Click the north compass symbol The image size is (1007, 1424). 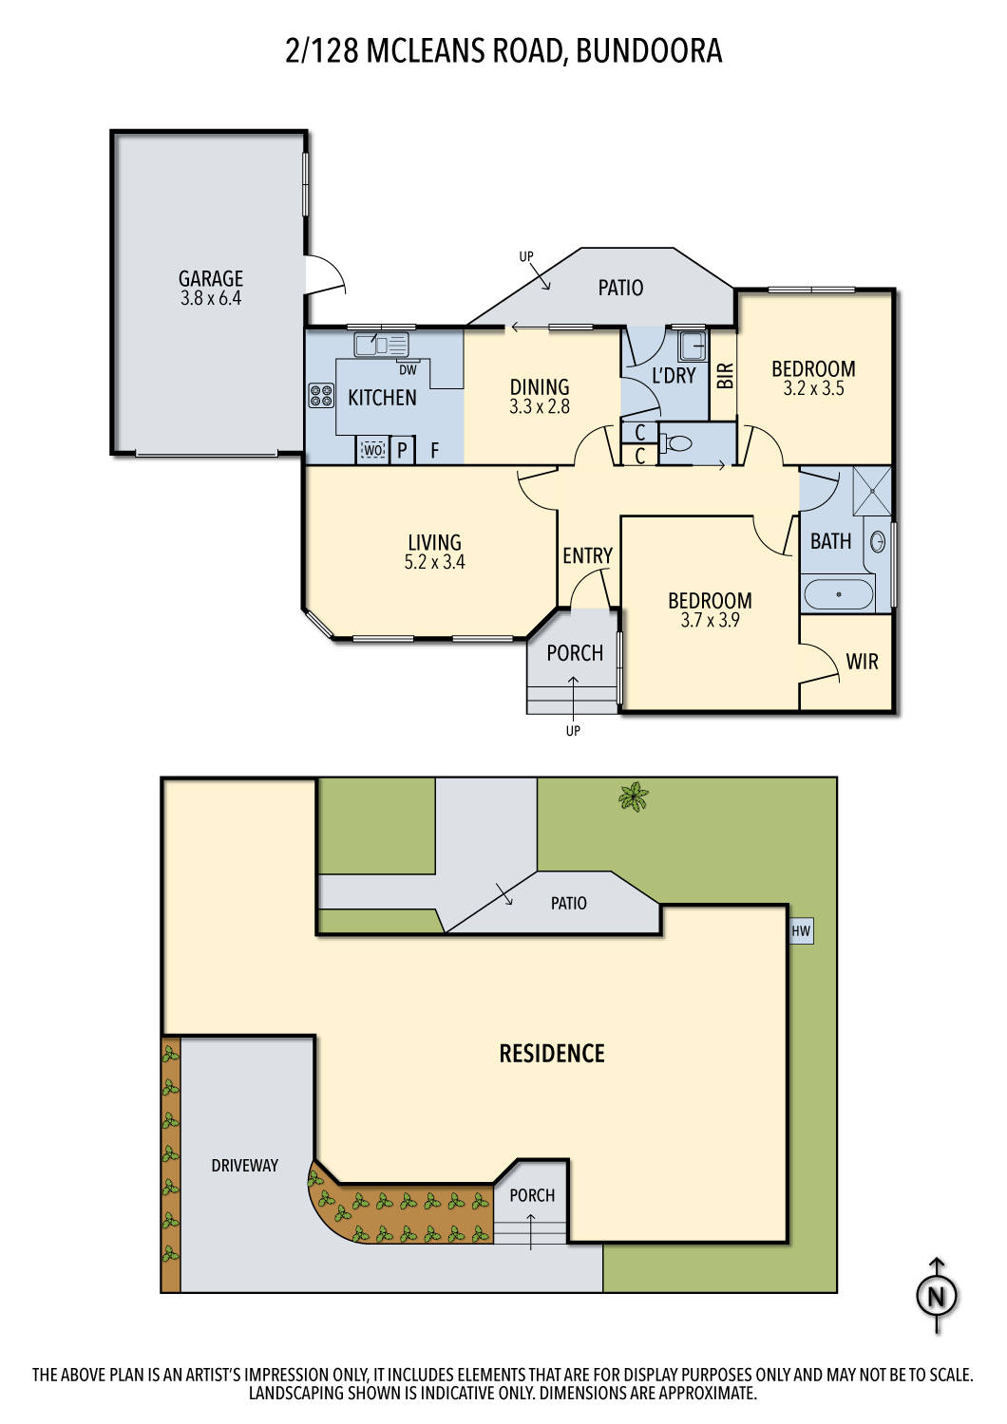[x=937, y=1296]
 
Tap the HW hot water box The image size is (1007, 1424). [x=801, y=931]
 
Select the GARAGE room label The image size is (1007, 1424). [x=211, y=278]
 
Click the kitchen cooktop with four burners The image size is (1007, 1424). [x=321, y=395]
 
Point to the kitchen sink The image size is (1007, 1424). [x=380, y=344]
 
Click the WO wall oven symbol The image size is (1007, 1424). [x=373, y=450]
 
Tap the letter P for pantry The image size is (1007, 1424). [x=402, y=450]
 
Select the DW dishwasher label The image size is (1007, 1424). [x=408, y=370]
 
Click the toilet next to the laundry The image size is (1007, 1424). [x=678, y=443]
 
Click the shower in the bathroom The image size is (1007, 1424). [x=872, y=490]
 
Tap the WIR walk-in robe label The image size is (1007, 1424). [x=862, y=662]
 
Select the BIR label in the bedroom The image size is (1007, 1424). [x=726, y=376]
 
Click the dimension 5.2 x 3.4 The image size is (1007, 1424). [x=434, y=562]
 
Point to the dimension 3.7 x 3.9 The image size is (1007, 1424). [x=710, y=620]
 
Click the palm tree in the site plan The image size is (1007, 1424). [x=634, y=796]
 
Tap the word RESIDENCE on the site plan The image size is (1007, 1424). [x=552, y=1053]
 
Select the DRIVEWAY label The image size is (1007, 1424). [x=244, y=1165]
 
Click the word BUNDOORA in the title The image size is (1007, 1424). [x=649, y=50]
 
